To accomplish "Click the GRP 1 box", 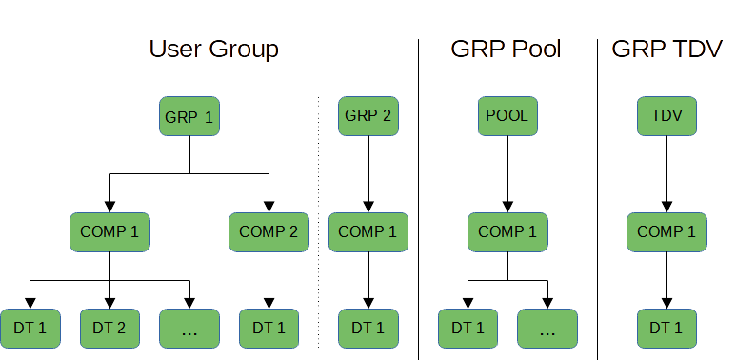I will coord(189,117).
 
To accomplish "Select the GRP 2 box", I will coord(368,116).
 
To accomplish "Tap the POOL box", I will coord(507,116).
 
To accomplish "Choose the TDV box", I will coord(666,116).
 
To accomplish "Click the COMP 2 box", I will coord(269,231).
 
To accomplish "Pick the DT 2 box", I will coord(109,329).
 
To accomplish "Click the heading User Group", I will coord(212,50).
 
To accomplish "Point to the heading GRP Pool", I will coord(505,50).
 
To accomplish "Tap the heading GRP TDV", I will coord(666,50).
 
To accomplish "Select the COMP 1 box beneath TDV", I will coord(666,231).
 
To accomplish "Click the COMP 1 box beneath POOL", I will coord(507,231).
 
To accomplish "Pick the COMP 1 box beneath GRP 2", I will coord(368,231).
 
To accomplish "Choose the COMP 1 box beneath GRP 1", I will coord(109,231).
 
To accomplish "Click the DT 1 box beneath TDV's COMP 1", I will coord(666,329).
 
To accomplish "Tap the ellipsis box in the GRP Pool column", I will coord(547,329).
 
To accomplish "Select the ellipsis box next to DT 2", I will coord(189,329).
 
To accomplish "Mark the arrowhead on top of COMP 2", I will coord(269,207).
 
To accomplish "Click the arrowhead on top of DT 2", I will coord(109,303).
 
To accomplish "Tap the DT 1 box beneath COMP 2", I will coord(269,329).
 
